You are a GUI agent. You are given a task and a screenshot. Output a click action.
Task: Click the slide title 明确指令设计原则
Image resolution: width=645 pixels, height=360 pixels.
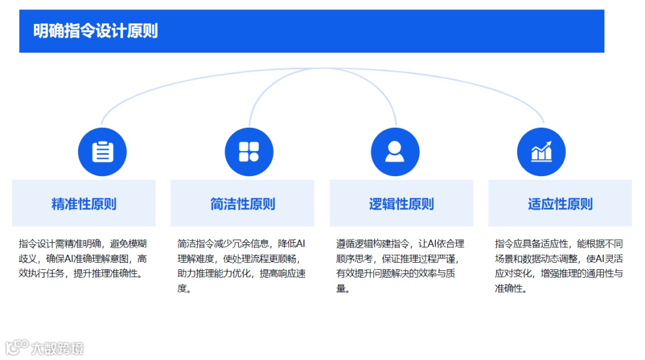pyautogui.click(x=96, y=30)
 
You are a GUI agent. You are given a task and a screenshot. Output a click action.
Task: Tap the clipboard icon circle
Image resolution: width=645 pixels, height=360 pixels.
pyautogui.click(x=102, y=152)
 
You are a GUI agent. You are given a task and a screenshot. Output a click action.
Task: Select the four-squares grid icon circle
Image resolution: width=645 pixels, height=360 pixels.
pyautogui.click(x=248, y=152)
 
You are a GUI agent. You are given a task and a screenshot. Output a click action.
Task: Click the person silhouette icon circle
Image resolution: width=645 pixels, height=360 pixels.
pyautogui.click(x=395, y=152)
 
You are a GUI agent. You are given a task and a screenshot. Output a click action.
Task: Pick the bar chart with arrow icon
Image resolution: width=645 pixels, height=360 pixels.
pyautogui.click(x=541, y=152)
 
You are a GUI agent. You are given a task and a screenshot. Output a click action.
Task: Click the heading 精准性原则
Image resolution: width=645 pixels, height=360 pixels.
pyautogui.click(x=84, y=204)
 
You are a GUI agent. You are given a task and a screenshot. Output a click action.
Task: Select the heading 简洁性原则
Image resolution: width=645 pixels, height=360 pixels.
pyautogui.click(x=242, y=204)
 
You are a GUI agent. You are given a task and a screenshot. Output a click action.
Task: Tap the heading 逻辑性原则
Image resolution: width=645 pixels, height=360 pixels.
pyautogui.click(x=401, y=204)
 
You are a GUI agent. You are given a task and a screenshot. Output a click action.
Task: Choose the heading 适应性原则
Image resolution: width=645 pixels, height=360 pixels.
pyautogui.click(x=560, y=204)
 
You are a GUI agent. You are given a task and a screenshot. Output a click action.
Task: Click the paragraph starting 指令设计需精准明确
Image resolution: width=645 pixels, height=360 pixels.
pyautogui.click(x=83, y=259)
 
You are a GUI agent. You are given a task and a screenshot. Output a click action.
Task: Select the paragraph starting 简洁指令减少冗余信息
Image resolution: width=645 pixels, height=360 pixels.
pyautogui.click(x=242, y=266)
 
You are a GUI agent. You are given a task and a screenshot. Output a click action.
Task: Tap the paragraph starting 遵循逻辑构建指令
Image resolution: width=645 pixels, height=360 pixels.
pyautogui.click(x=400, y=266)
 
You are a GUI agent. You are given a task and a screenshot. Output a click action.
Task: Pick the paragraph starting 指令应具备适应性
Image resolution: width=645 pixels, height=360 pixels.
pyautogui.click(x=559, y=266)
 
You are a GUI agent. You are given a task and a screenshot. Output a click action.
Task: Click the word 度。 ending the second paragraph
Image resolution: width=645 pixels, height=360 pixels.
pyautogui.click(x=184, y=289)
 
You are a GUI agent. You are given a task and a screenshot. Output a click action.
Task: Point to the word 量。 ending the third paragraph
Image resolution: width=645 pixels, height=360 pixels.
pyautogui.click(x=343, y=289)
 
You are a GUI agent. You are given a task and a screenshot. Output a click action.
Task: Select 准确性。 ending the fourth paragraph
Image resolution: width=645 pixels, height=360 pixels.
pyautogui.click(x=511, y=289)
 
